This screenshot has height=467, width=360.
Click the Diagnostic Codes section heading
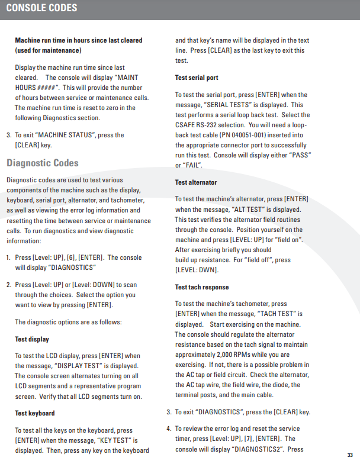pyautogui.click(x=42, y=163)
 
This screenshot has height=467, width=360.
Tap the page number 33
pyautogui.click(x=349, y=455)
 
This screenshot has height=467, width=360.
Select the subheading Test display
pyautogui.click(x=32, y=339)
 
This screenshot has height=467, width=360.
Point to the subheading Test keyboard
pyautogui.click(x=35, y=413)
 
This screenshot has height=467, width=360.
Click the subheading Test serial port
pyautogui.click(x=197, y=78)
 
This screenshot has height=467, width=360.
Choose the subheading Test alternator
pyautogui.click(x=196, y=182)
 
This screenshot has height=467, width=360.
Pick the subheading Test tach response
pyautogui.click(x=202, y=287)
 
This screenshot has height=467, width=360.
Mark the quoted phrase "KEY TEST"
pyautogui.click(x=115, y=440)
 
